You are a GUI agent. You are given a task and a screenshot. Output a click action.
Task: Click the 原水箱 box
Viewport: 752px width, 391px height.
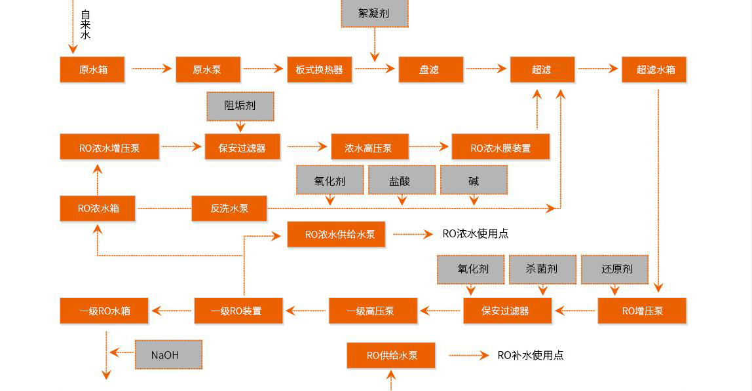tap(92, 69)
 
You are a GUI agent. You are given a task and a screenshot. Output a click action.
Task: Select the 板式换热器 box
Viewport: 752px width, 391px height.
tap(319, 69)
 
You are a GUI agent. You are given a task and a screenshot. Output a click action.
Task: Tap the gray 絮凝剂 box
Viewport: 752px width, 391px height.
tap(374, 13)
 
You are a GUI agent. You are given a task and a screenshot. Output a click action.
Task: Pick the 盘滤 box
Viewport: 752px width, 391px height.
tap(430, 69)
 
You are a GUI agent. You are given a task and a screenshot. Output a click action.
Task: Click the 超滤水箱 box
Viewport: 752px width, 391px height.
tap(654, 69)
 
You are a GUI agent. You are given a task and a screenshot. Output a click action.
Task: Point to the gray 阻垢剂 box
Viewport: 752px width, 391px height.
tap(240, 106)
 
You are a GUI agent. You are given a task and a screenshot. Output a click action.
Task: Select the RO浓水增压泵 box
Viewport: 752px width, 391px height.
tap(109, 147)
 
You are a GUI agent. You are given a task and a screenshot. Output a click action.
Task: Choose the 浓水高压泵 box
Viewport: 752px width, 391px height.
tap(369, 147)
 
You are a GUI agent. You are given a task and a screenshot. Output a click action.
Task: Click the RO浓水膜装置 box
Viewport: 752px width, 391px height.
tap(500, 147)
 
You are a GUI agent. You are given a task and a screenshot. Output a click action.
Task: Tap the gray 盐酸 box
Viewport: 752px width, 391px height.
tap(401, 180)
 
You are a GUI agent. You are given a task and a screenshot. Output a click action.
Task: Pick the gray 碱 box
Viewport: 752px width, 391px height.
tap(473, 180)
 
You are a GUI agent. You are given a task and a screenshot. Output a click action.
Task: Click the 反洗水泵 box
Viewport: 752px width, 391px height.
tap(229, 209)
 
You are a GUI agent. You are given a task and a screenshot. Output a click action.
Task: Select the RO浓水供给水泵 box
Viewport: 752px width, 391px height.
tap(335, 234)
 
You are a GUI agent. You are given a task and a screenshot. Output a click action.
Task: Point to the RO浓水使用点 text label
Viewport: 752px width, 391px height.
tap(476, 233)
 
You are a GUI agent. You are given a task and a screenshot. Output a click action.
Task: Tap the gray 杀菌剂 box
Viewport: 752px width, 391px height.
tap(542, 269)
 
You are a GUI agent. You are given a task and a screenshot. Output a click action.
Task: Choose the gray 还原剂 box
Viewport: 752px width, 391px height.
tap(614, 269)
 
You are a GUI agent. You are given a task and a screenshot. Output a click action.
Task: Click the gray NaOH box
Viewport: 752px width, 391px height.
tap(168, 354)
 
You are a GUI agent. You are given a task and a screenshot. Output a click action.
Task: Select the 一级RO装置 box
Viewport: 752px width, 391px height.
tap(238, 311)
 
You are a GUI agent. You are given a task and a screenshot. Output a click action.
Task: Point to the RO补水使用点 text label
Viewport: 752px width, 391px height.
tap(531, 355)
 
